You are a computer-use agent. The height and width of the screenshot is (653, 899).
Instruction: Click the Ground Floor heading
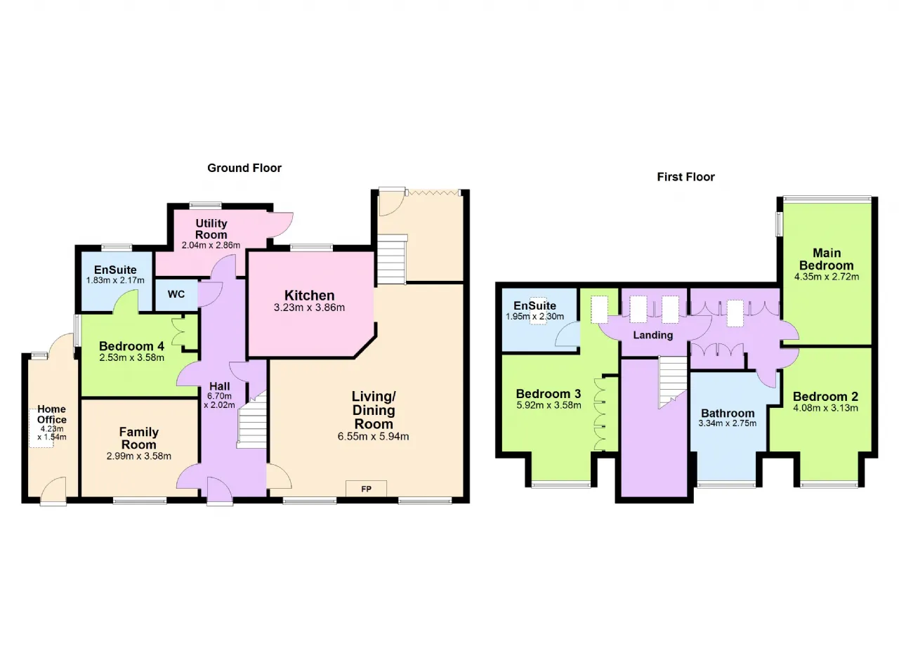pyautogui.click(x=244, y=168)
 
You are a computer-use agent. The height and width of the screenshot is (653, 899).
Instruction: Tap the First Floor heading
pyautogui.click(x=685, y=177)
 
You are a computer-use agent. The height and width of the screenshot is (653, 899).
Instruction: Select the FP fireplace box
pyautogui.click(x=366, y=489)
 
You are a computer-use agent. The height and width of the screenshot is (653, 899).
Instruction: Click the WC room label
pyautogui.click(x=176, y=294)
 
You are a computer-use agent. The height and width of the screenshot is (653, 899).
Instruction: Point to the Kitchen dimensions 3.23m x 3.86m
pyautogui.click(x=309, y=308)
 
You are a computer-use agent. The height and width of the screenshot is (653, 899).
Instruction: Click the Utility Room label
pyautogui.click(x=211, y=229)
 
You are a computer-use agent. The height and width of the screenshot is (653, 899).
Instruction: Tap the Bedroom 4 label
pyautogui.click(x=131, y=345)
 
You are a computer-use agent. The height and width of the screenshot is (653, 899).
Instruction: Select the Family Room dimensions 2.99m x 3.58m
pyautogui.click(x=139, y=456)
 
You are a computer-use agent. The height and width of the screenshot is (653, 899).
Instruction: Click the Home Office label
pyautogui.click(x=52, y=414)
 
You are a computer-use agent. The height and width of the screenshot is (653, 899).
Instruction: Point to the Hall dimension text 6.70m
pyautogui.click(x=219, y=396)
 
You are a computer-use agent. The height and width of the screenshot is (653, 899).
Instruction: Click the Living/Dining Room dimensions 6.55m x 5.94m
pyautogui.click(x=373, y=437)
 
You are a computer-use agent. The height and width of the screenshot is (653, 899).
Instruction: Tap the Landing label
pyautogui.click(x=653, y=335)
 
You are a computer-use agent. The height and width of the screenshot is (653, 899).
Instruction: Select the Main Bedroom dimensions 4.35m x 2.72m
pyautogui.click(x=827, y=277)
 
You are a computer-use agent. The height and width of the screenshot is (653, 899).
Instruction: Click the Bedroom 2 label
pyautogui.click(x=825, y=397)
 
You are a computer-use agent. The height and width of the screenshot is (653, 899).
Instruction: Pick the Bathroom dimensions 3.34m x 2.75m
pyautogui.click(x=727, y=423)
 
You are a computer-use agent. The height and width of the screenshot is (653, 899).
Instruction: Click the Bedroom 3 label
pyautogui.click(x=549, y=394)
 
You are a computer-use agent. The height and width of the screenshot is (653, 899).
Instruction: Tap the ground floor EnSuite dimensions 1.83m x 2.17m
pyautogui.click(x=115, y=280)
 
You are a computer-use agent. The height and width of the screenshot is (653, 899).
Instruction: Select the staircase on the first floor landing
pyautogui.click(x=673, y=382)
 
